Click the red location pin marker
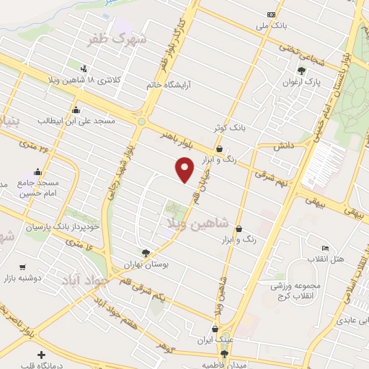[x=185, y=169]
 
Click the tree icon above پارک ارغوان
[x=302, y=71]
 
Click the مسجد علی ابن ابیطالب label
[x=75, y=120]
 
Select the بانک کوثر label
[x=228, y=127]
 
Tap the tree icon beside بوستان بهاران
[x=146, y=252]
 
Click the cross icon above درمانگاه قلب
[x=41, y=354]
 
